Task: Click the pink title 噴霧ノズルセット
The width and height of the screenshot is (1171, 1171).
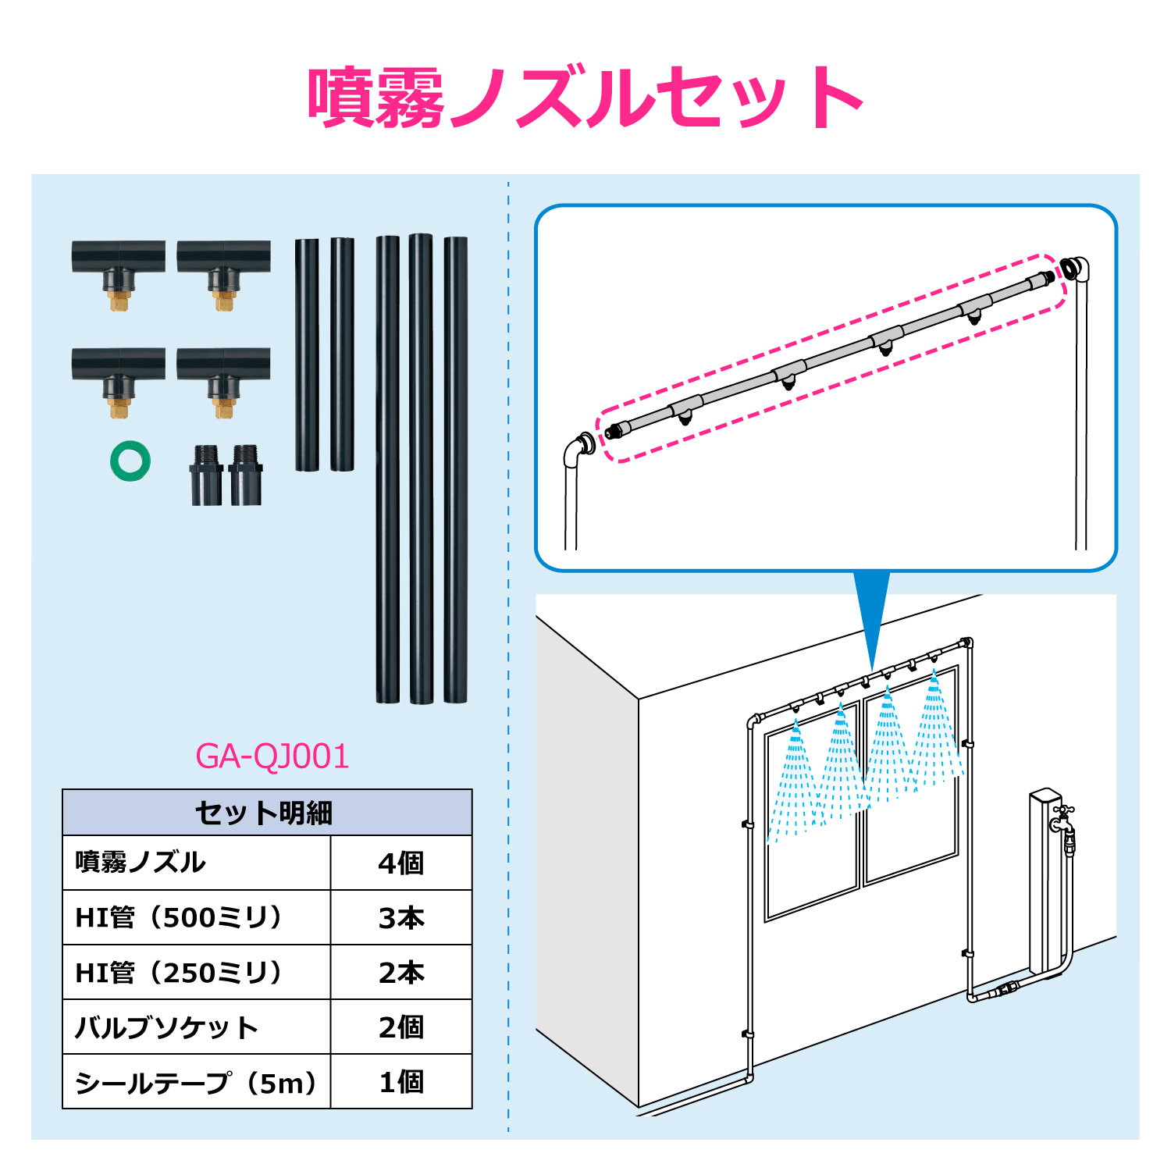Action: click(x=585, y=98)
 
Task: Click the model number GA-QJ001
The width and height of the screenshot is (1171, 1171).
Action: click(x=272, y=756)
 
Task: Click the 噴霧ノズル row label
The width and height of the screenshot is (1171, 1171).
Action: click(x=141, y=863)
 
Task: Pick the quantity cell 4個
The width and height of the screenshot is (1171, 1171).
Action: click(x=401, y=863)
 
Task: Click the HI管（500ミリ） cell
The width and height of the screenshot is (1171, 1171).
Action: click(x=179, y=917)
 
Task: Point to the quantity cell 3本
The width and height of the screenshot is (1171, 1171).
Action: click(x=401, y=918)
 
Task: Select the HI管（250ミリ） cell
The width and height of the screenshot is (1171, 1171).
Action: click(x=179, y=973)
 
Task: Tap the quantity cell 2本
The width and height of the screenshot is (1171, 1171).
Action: click(x=401, y=973)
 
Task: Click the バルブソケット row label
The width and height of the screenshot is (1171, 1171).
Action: click(x=166, y=1027)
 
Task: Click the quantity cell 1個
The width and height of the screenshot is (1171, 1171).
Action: click(x=401, y=1083)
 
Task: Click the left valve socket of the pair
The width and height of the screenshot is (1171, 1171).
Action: click(x=206, y=475)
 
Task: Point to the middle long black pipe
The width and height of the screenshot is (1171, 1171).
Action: click(x=421, y=468)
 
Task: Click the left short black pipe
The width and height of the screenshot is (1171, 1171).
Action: click(x=307, y=354)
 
